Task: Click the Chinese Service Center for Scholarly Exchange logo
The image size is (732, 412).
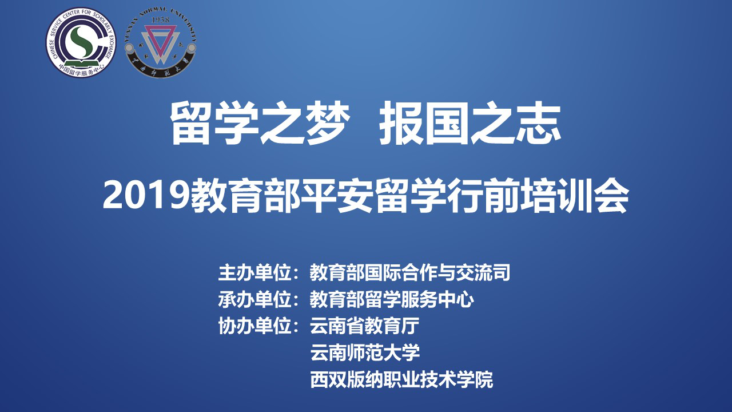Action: coord(81,42)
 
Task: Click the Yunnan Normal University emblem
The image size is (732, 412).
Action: coord(161,43)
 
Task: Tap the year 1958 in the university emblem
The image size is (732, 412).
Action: coord(161,20)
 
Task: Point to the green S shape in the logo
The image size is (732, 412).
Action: coord(81,42)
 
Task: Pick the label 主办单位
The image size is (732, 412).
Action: coord(254,272)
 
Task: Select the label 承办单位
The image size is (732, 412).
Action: coord(254,299)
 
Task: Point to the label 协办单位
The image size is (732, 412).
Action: coord(254,326)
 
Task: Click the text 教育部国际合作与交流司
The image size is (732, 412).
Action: coord(410,272)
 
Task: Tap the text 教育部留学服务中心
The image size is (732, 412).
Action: coord(392,299)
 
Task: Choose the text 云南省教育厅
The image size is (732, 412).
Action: coord(364,326)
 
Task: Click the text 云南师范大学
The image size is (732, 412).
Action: coord(365,352)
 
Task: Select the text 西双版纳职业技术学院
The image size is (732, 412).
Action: coord(401,379)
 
